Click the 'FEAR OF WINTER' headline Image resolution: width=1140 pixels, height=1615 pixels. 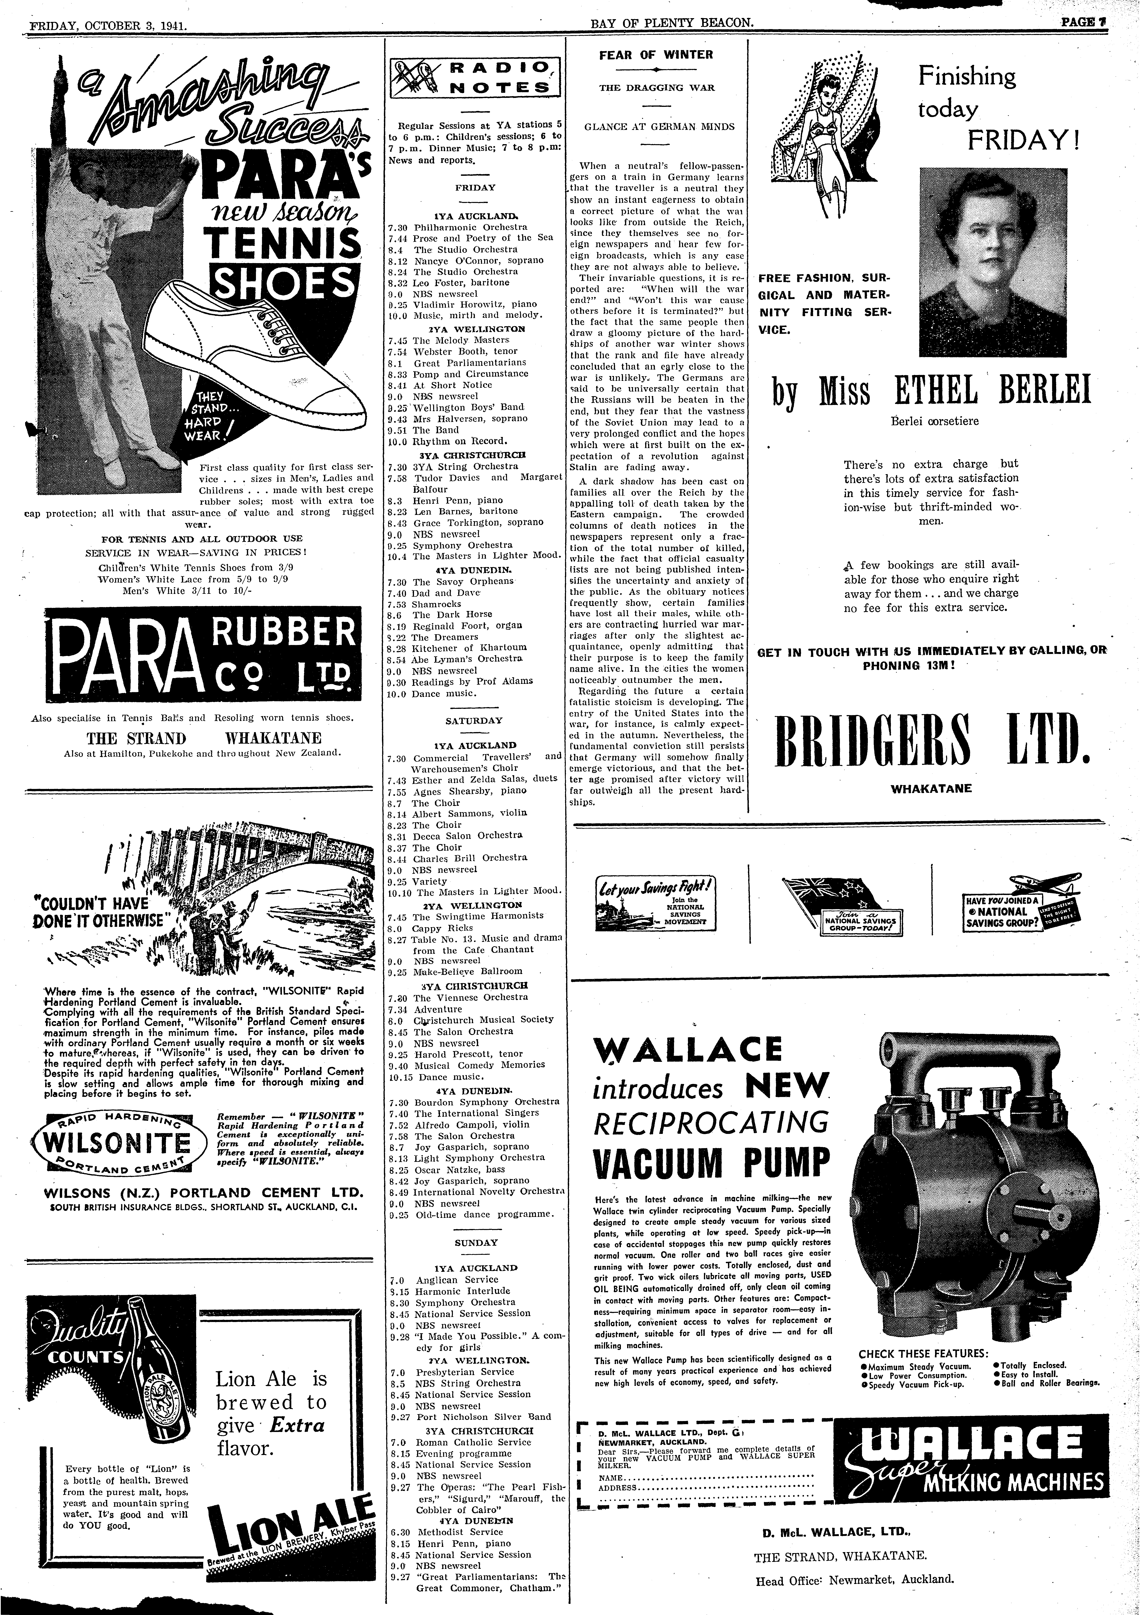pos(656,55)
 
